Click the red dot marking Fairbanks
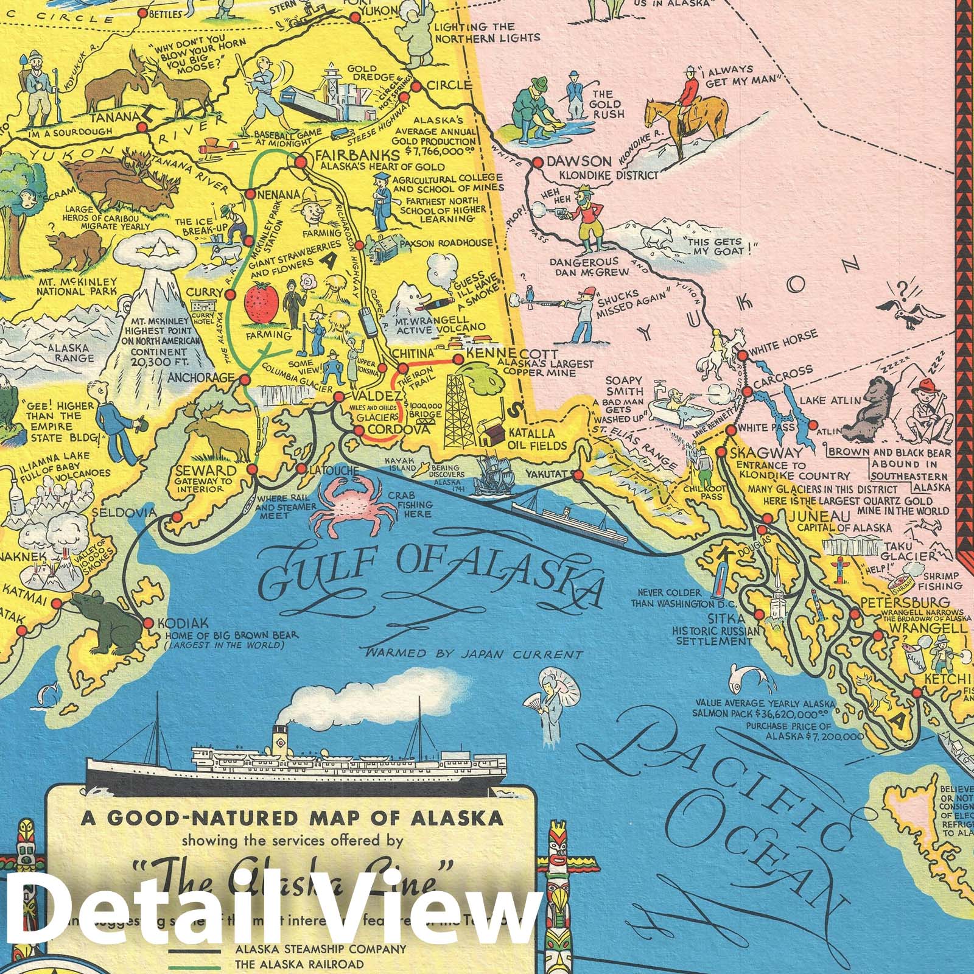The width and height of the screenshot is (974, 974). click(x=300, y=162)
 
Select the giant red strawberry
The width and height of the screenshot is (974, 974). click(x=262, y=301)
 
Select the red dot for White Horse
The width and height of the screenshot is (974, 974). click(x=742, y=356)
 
